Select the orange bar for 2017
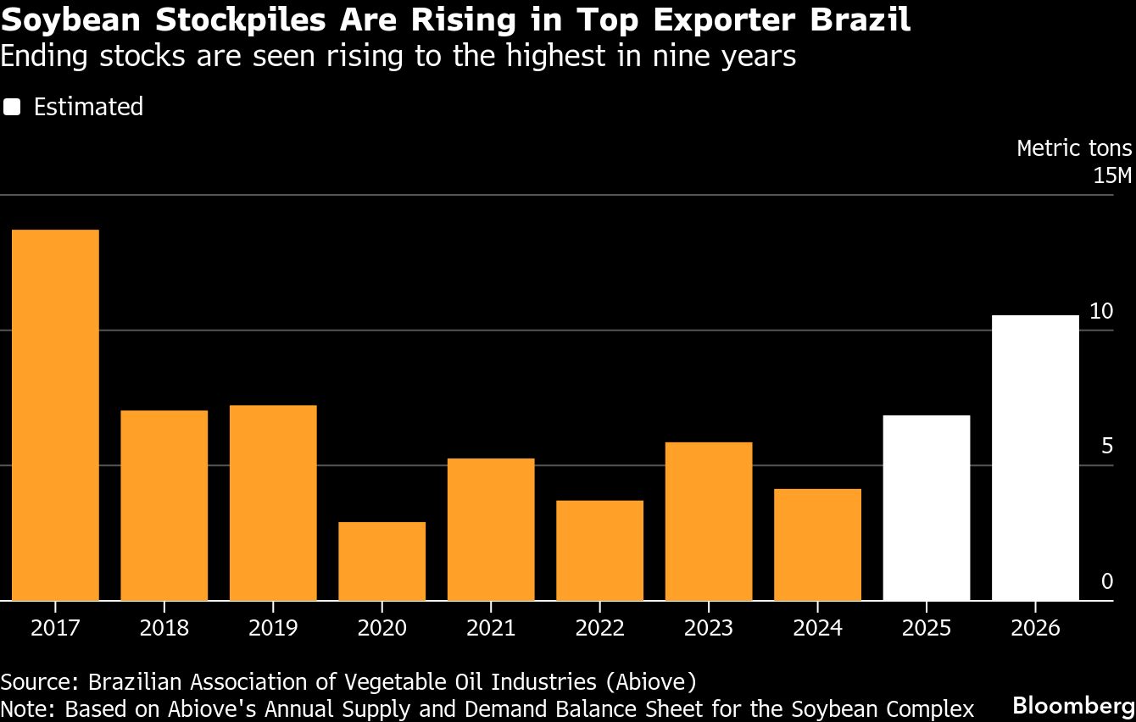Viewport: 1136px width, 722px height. pos(55,415)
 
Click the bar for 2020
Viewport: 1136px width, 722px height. pos(381,561)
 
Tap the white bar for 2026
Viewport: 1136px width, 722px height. pos(1035,458)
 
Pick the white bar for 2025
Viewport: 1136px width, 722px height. pos(926,508)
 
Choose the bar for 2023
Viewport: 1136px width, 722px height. pos(709,521)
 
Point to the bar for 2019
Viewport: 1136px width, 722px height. pos(273,503)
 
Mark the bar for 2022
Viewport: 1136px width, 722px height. pos(599,550)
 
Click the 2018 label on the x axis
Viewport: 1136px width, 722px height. pos(164,628)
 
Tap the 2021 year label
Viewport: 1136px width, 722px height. pos(491,628)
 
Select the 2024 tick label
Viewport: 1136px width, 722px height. pos(817,628)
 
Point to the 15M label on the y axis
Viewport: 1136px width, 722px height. pos(1111,176)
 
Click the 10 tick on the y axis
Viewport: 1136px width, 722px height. pos(1100,311)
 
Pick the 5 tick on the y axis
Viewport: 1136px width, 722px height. pos(1106,446)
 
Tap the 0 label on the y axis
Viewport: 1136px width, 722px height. pos(1106,581)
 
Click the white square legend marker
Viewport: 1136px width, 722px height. pos(12,107)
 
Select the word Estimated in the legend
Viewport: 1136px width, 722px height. pos(88,107)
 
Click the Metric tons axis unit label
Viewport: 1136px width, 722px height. pos(1073,148)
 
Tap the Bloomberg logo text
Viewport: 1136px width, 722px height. pos(1073,705)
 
